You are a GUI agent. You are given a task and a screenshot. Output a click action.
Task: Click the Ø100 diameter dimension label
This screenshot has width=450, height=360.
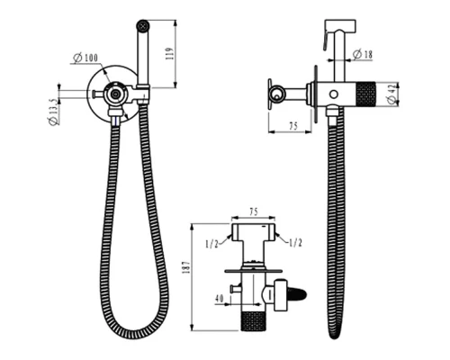pyautogui.click(x=85, y=58)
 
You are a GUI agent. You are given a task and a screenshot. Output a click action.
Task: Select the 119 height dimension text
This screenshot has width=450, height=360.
pyautogui.click(x=170, y=54)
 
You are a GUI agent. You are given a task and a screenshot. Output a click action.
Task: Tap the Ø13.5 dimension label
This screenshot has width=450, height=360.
pyautogui.click(x=53, y=112)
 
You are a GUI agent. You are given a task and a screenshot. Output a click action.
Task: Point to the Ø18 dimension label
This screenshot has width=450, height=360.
pyautogui.click(x=363, y=54)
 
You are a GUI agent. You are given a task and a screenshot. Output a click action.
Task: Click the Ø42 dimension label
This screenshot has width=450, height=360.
pyautogui.click(x=391, y=94)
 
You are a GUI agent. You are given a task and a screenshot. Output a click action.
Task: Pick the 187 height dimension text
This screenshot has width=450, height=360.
pyautogui.click(x=186, y=267)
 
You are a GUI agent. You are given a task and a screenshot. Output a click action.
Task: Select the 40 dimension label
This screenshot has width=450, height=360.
pyautogui.click(x=220, y=298)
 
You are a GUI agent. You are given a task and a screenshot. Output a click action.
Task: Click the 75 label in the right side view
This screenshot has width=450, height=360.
pyautogui.click(x=292, y=126)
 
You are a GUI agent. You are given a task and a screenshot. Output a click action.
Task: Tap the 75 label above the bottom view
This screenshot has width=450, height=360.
pyautogui.click(x=254, y=211)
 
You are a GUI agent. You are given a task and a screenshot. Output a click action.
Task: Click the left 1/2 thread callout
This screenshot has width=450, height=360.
pyautogui.click(x=212, y=244)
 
